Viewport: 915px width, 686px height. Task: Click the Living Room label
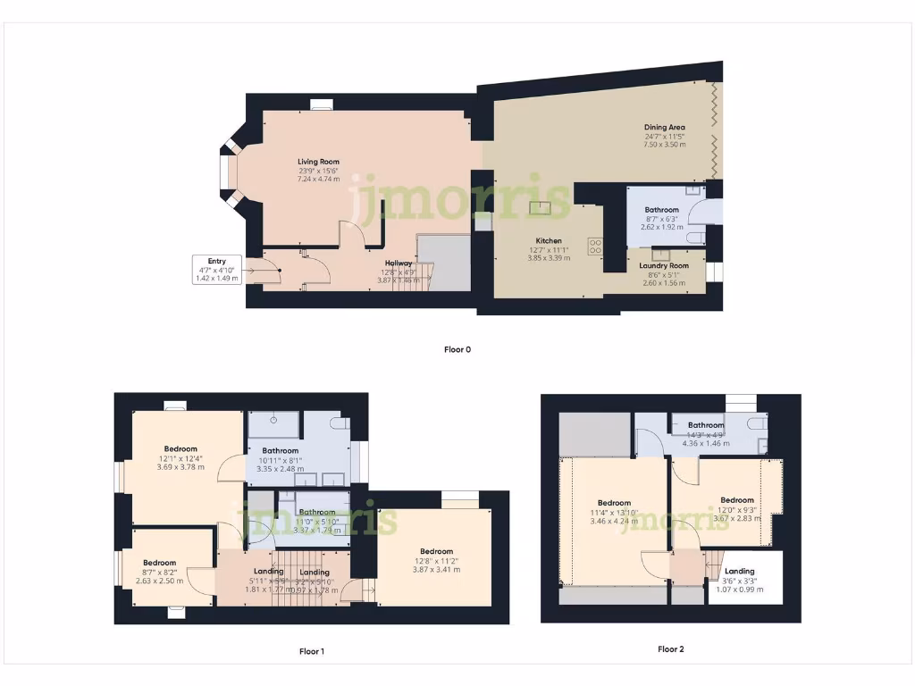pyautogui.click(x=318, y=162)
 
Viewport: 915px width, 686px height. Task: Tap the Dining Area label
pyautogui.click(x=664, y=128)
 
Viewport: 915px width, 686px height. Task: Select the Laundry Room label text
pyautogui.click(x=664, y=265)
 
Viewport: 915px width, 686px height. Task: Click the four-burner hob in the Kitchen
pyautogui.click(x=595, y=247)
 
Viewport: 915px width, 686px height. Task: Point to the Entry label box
pyautogui.click(x=216, y=270)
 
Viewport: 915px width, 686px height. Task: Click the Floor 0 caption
pyautogui.click(x=457, y=349)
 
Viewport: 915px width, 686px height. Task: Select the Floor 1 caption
pyautogui.click(x=311, y=651)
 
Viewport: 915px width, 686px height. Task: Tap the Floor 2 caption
pyautogui.click(x=671, y=649)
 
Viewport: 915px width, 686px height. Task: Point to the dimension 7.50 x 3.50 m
pyautogui.click(x=664, y=145)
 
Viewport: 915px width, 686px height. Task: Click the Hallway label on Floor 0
pyautogui.click(x=398, y=264)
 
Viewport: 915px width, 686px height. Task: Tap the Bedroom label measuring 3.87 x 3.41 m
pyautogui.click(x=436, y=569)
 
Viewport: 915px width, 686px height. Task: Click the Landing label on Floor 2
pyautogui.click(x=739, y=571)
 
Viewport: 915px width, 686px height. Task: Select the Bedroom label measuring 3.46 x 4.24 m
pyautogui.click(x=614, y=503)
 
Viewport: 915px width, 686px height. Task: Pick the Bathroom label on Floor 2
pyautogui.click(x=705, y=425)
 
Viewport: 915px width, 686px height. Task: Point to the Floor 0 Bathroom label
pyautogui.click(x=662, y=210)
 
